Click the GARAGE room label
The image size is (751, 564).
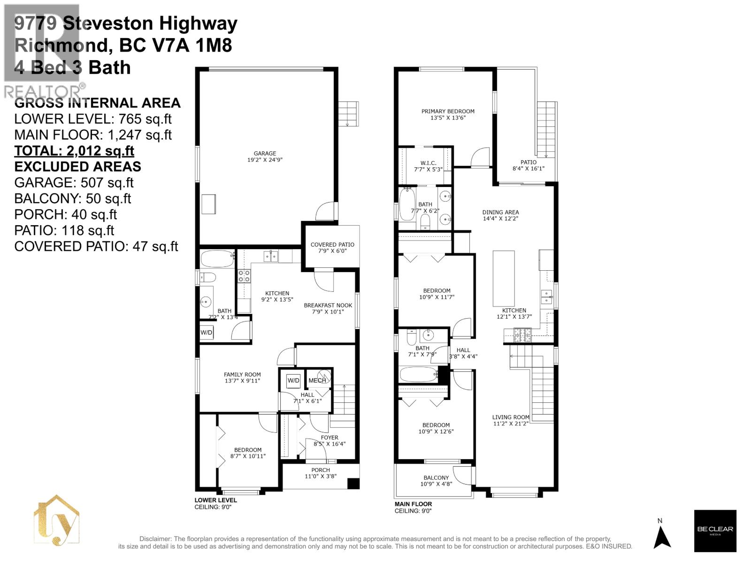tap(265, 153)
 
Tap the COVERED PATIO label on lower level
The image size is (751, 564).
tap(332, 244)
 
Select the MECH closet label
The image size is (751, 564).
tap(317, 380)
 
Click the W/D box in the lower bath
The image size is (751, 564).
tap(207, 332)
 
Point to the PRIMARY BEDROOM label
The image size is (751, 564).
tap(448, 111)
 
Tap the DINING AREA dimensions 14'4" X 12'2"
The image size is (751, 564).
tap(500, 219)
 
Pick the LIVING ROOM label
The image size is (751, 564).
tap(511, 417)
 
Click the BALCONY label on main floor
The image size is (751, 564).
tap(436, 478)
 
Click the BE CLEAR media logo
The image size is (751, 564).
tap(715, 531)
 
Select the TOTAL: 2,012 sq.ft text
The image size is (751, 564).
tap(74, 151)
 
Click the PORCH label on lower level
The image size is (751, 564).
tap(321, 470)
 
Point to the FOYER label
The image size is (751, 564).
tap(330, 438)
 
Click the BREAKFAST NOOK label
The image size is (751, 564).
tap(328, 305)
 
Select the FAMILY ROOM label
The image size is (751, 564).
tap(242, 375)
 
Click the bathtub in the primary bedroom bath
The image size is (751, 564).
tap(406, 204)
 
